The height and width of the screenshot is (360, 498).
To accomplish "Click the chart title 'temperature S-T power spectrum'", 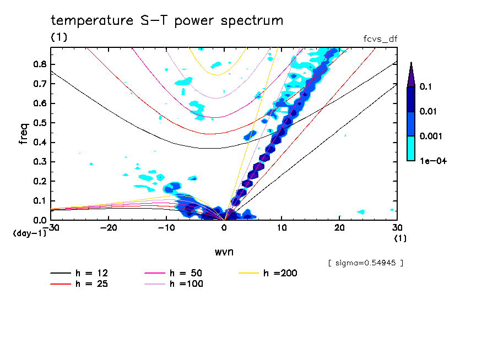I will point(167,21).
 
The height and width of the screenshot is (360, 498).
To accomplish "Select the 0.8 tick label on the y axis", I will point(39,64).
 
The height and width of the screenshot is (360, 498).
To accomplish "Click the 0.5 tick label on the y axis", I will point(39,123).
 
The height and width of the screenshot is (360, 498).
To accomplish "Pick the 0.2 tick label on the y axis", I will point(39,182).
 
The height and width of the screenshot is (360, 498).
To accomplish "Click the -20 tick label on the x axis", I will point(109,228).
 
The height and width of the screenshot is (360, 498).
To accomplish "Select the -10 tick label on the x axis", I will point(166,228).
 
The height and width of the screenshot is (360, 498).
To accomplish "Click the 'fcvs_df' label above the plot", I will point(380,39).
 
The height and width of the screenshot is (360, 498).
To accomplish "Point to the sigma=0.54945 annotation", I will point(365,263).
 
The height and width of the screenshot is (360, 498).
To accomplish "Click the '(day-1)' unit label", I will point(29,233).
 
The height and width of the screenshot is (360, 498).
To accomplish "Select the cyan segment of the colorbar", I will point(411,148).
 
